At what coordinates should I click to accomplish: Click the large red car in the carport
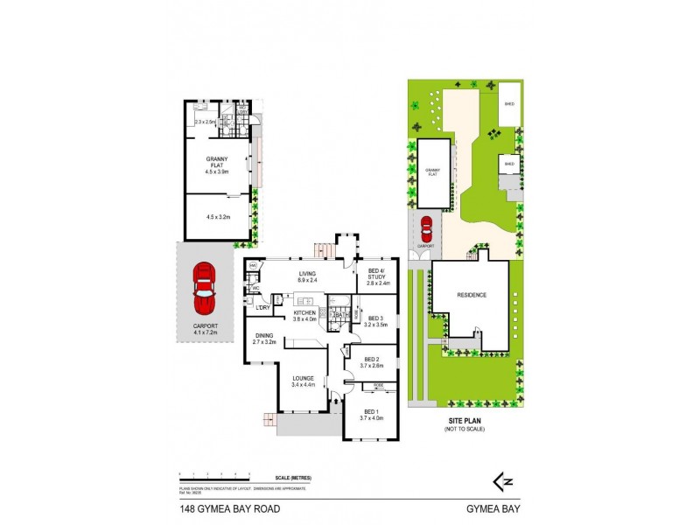pos(205,286)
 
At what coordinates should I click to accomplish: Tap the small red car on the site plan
pos(426,229)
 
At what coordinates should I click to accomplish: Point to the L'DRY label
pos(262,307)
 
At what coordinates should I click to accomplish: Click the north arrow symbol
pos(502,479)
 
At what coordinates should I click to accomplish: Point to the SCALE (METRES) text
pos(293,477)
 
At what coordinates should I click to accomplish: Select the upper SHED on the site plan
pos(508,104)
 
